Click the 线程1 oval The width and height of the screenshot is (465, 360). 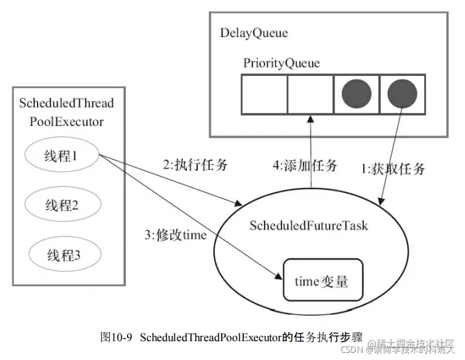click(62, 156)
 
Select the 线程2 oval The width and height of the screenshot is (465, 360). click(62, 206)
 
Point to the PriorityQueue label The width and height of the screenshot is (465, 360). click(281, 63)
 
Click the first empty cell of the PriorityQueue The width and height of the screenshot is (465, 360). click(265, 95)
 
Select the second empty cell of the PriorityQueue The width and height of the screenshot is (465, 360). click(309, 95)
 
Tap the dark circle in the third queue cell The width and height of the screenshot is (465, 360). click(355, 95)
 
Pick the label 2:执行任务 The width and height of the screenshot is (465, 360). click(195, 165)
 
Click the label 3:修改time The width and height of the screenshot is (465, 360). click(176, 235)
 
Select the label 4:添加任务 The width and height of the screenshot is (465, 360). click(305, 165)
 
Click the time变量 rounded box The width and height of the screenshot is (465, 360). click(322, 282)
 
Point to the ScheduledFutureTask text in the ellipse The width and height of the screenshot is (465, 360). click(309, 225)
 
